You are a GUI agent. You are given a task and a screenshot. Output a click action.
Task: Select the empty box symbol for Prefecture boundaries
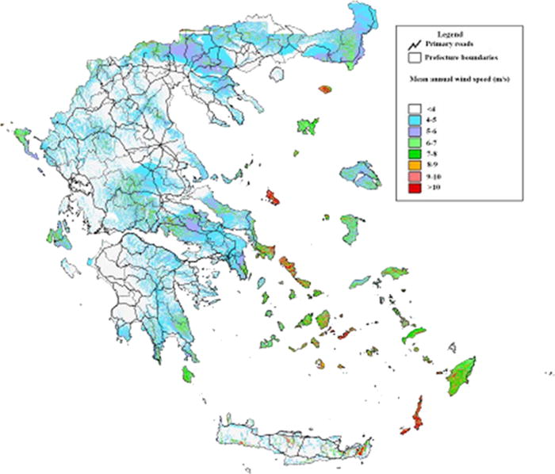click(x=413, y=58)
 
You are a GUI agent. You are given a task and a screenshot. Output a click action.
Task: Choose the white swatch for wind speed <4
click(x=414, y=110)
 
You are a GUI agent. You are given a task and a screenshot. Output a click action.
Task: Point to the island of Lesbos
click(x=359, y=174)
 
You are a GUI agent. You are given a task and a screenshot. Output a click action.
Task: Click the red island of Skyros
click(x=274, y=196)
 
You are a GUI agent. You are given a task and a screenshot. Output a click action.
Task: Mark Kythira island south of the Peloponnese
click(x=188, y=373)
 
